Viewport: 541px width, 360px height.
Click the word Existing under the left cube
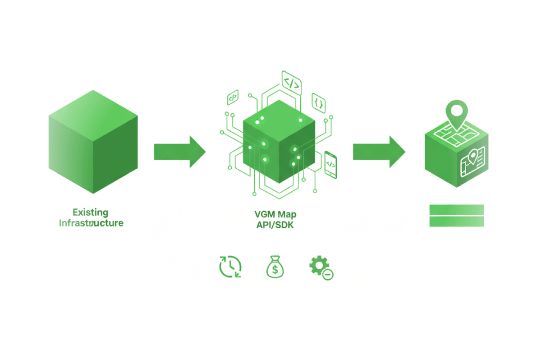[90, 212]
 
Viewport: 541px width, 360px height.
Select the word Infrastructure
[91, 223]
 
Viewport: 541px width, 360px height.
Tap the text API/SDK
[274, 225]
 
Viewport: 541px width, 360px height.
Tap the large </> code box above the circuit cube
[291, 83]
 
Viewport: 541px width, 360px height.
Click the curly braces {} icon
[319, 103]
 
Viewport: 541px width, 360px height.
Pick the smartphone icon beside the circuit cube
[331, 164]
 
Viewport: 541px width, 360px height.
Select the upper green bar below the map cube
[457, 210]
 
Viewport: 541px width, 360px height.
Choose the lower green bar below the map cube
[457, 221]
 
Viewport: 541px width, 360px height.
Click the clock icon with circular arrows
[230, 266]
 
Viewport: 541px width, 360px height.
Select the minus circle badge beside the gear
[328, 274]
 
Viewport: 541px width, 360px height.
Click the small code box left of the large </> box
[233, 97]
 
